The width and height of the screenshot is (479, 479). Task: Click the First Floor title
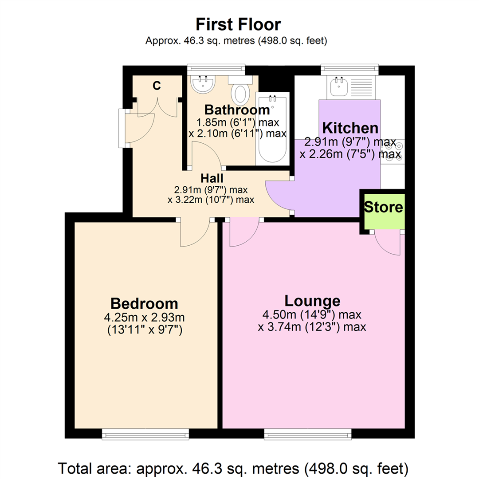(x=238, y=24)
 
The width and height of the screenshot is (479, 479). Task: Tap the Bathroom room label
(x=237, y=110)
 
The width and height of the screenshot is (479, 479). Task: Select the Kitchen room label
(x=350, y=128)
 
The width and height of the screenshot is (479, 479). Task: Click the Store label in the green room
(x=384, y=207)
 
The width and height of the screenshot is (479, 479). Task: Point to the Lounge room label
(x=312, y=301)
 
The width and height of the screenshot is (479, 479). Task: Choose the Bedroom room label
(x=144, y=304)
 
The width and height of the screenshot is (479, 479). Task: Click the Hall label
(x=212, y=178)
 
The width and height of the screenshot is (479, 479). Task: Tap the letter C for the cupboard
(x=156, y=86)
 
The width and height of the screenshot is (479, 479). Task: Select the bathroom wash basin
(x=203, y=84)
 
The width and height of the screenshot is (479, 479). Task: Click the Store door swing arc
(x=387, y=243)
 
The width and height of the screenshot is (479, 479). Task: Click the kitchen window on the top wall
(x=350, y=69)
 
